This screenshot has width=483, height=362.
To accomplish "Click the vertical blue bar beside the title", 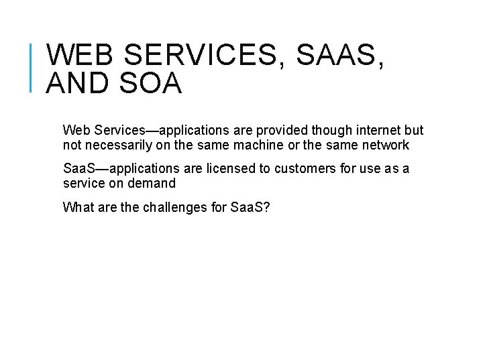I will pos(32,66).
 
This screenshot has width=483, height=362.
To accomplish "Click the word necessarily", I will pos(118,145).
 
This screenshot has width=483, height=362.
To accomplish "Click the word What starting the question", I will pos(77,207).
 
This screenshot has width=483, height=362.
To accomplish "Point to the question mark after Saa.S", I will pos(267,207).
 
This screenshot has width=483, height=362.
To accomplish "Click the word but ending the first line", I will pos(414,130).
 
